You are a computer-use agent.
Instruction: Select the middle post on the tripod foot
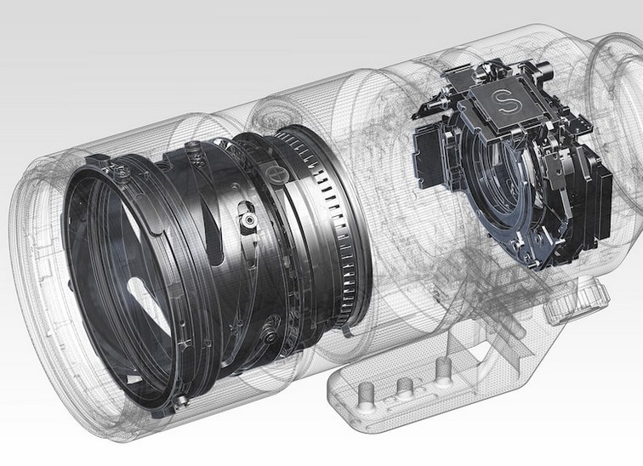405,387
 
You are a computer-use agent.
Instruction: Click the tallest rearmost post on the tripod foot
443,372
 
